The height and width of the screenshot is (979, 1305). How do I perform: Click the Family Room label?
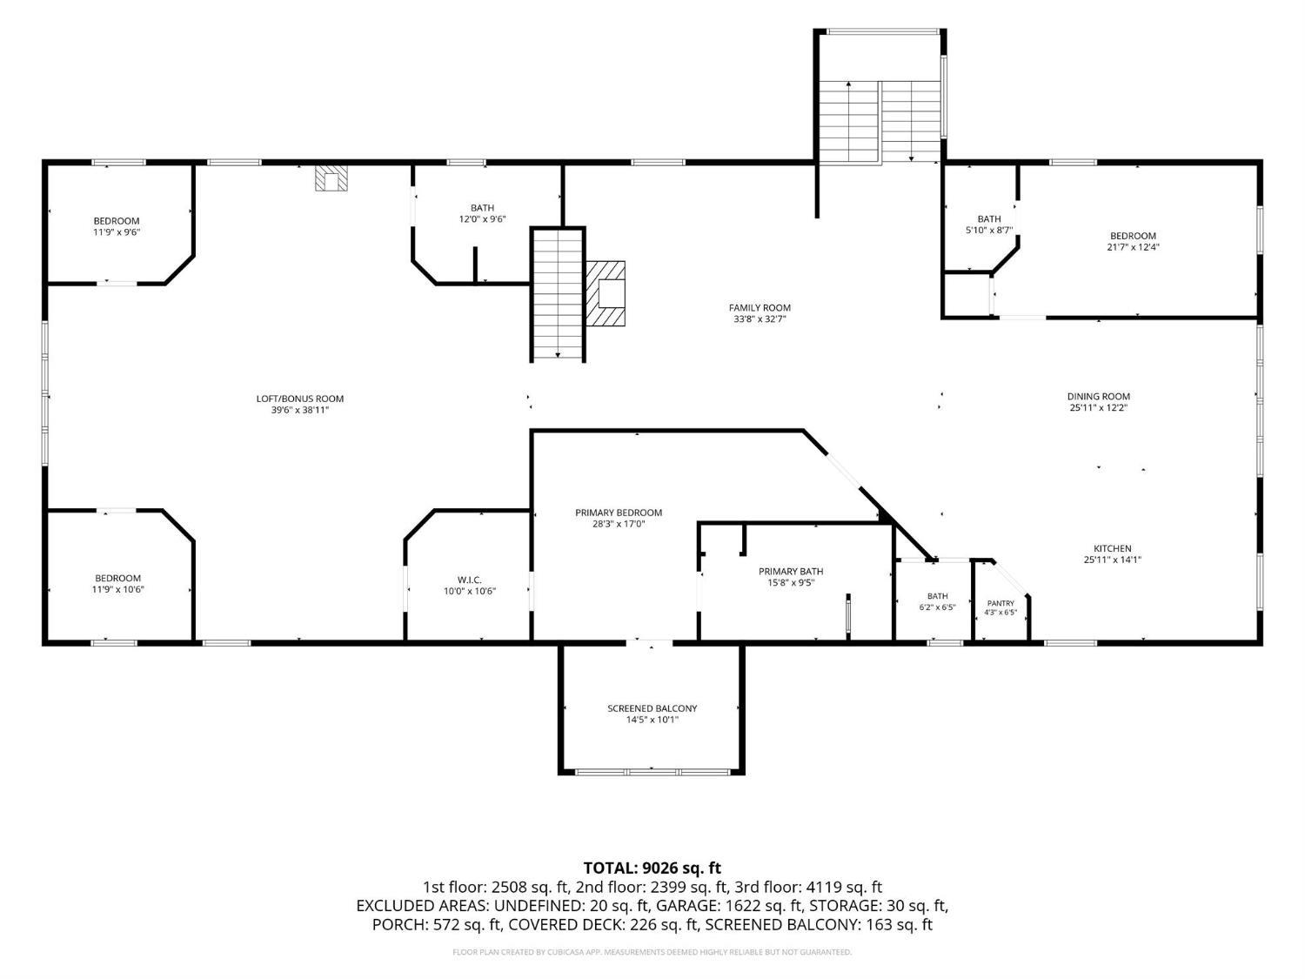(x=760, y=308)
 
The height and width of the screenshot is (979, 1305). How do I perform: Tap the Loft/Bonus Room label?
(x=299, y=399)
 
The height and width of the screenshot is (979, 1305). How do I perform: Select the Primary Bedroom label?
(x=619, y=513)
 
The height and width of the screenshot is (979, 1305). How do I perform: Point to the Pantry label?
(x=1000, y=603)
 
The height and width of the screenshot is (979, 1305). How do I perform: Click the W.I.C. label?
(x=469, y=580)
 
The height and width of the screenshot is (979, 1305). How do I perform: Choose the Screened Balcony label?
(x=652, y=708)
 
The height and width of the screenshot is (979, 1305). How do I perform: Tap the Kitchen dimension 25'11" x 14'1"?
(x=1113, y=560)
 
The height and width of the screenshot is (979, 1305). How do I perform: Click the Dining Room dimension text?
(x=1098, y=408)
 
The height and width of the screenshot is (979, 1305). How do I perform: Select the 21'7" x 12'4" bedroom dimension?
(x=1133, y=247)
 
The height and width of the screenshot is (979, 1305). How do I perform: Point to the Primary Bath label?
(x=791, y=572)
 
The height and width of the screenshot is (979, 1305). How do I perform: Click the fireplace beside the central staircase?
(x=606, y=293)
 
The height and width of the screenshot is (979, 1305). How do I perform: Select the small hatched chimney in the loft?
(x=331, y=178)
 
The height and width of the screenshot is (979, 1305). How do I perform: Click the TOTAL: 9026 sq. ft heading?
(x=652, y=868)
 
